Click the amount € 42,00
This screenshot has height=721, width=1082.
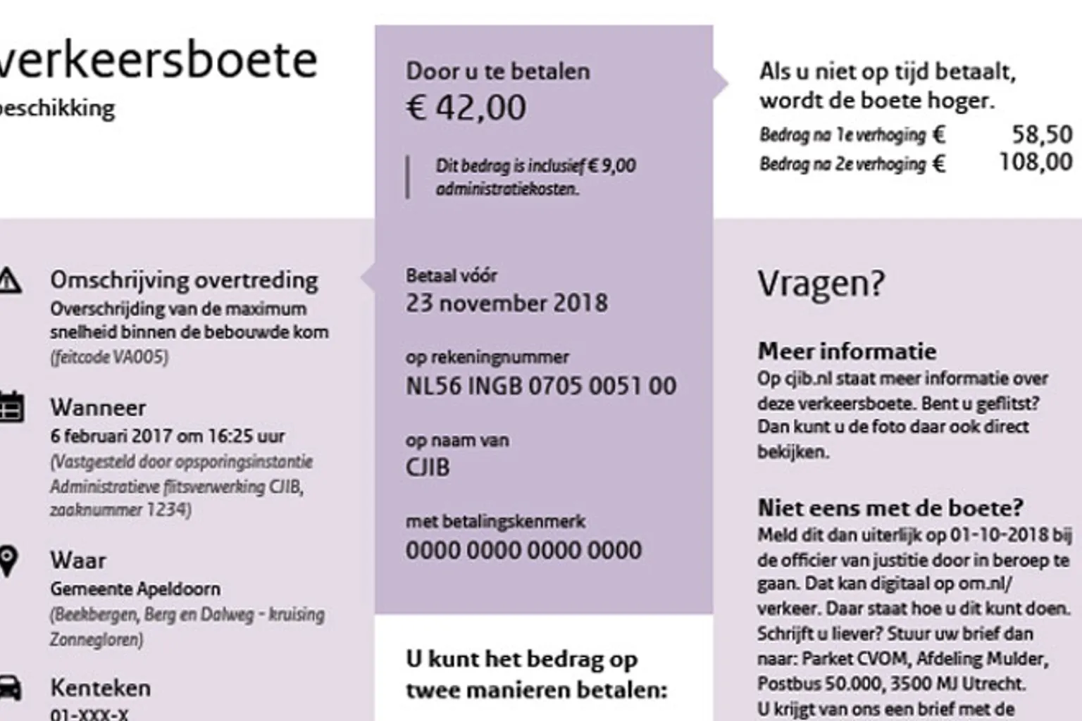(x=466, y=108)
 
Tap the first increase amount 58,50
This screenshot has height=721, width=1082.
(x=1042, y=134)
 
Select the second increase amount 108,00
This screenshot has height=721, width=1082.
(x=1036, y=163)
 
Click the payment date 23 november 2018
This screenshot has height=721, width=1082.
(x=506, y=303)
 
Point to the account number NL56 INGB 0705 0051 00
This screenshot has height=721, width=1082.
(x=540, y=386)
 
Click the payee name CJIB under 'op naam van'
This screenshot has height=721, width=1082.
(x=427, y=468)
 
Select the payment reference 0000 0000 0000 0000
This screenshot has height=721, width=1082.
(x=523, y=551)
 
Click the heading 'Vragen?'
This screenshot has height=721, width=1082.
(x=821, y=284)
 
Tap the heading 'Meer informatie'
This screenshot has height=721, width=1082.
(x=847, y=351)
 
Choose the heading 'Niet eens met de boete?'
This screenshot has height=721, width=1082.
(x=890, y=508)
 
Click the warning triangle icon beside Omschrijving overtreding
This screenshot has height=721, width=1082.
(x=8, y=281)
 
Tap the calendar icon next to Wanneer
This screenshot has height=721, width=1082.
(x=11, y=408)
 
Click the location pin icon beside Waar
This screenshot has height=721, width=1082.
(x=8, y=561)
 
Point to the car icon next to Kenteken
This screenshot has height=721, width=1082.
(x=8, y=688)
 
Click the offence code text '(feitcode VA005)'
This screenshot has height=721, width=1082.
(x=109, y=357)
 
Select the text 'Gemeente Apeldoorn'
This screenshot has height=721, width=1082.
(x=135, y=589)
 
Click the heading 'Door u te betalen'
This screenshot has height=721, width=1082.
(x=497, y=71)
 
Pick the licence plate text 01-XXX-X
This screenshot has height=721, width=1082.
(x=89, y=714)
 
